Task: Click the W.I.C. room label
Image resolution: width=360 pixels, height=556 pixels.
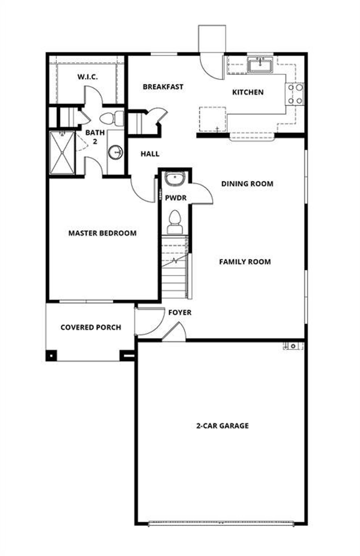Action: click(88, 77)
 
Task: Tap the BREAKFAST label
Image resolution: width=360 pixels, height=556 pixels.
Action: click(163, 87)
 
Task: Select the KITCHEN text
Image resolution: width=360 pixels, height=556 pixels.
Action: click(248, 92)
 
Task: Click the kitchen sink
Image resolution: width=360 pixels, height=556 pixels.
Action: click(260, 65)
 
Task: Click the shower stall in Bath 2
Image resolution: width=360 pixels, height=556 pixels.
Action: click(62, 153)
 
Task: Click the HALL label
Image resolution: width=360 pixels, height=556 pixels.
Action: click(150, 154)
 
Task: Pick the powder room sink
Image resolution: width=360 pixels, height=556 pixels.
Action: click(174, 178)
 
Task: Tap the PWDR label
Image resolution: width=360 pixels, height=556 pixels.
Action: click(175, 198)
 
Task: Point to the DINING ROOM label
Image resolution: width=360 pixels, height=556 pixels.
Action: click(247, 184)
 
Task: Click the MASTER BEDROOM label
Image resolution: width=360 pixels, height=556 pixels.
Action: click(102, 233)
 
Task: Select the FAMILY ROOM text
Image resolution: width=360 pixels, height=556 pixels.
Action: click(245, 262)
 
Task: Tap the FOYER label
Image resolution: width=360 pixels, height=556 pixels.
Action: click(180, 313)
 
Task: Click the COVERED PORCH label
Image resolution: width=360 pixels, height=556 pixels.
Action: click(91, 327)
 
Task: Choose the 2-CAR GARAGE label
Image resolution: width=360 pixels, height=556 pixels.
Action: click(222, 426)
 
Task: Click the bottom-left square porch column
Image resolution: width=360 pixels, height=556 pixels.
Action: click(51, 355)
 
